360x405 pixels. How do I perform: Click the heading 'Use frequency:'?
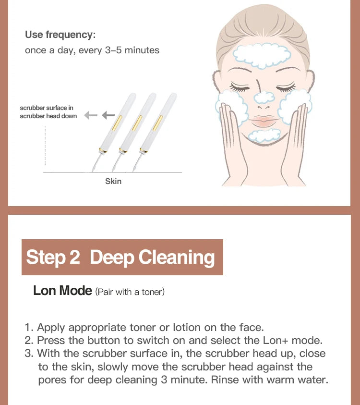[60, 35]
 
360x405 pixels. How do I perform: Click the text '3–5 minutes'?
[132, 50]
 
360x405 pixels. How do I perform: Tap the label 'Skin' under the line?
[113, 181]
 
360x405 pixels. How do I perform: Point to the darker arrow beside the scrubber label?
[108, 115]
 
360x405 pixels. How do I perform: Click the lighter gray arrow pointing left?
[91, 115]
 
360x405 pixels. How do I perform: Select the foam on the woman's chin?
[264, 135]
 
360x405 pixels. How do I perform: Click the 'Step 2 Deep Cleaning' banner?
[122, 257]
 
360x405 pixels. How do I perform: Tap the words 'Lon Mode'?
[62, 291]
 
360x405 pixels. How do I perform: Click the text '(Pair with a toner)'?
[130, 292]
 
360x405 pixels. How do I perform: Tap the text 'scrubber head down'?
[48, 116]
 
